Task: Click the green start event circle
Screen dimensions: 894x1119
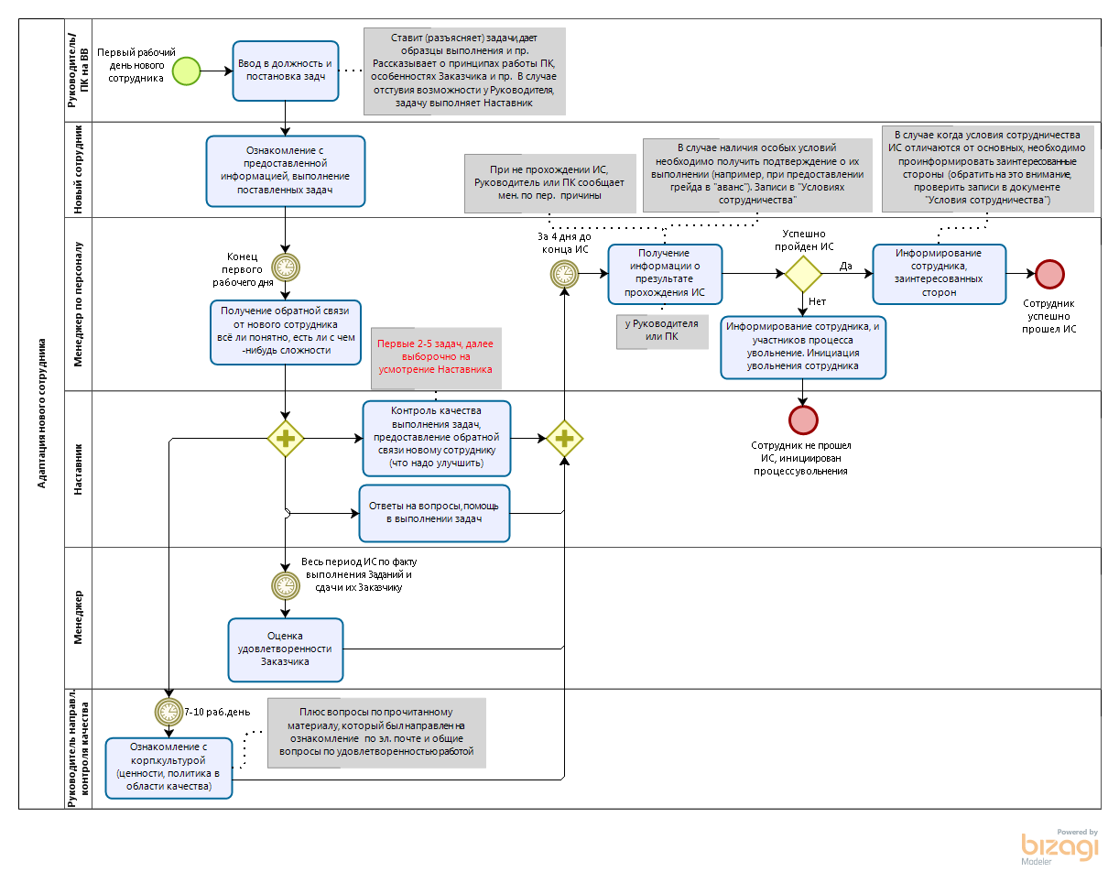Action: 186,71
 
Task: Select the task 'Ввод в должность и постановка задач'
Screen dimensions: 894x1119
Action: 285,71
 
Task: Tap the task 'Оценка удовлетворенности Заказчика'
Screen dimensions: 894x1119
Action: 286,649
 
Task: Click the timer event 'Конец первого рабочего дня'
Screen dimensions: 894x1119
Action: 286,267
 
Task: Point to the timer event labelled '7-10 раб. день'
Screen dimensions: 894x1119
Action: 168,711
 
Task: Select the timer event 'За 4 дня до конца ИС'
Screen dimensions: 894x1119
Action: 564,273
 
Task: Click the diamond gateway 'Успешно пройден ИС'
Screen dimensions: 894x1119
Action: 803,274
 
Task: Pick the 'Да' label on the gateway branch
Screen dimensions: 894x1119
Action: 846,266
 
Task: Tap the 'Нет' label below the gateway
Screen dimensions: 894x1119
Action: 817,301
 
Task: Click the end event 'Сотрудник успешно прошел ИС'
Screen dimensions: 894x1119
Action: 1049,274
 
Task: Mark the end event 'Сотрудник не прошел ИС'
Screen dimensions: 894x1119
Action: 803,419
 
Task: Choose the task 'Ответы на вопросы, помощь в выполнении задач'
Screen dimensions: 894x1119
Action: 434,512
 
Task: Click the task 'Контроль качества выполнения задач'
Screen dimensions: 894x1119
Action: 436,438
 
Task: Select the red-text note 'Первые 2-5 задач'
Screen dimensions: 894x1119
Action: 436,356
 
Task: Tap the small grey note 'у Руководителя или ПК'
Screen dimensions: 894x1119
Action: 661,331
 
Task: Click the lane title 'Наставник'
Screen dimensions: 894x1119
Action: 78,470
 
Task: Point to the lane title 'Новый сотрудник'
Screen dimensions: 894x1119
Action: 78,170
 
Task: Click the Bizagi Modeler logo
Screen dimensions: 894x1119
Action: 1059,845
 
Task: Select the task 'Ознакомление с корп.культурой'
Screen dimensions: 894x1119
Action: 168,767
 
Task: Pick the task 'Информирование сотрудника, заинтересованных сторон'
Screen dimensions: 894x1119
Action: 939,273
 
